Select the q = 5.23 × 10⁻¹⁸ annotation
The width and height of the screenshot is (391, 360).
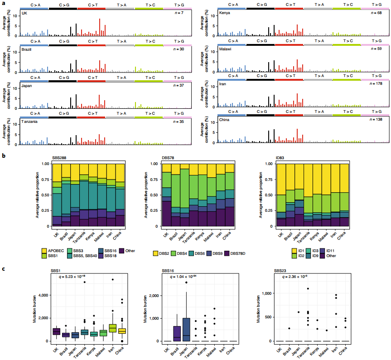[68, 276]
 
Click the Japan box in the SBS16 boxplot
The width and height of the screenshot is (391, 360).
[186, 326]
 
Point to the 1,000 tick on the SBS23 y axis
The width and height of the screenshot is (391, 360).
[265, 293]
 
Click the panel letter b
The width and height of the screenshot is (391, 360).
[4, 155]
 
